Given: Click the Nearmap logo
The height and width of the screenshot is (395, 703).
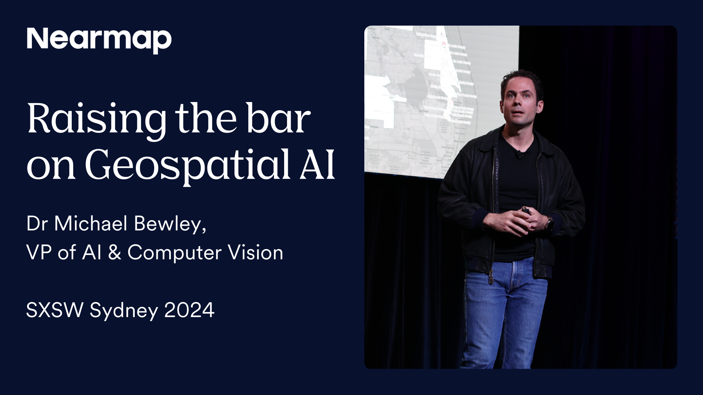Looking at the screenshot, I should click(99, 39).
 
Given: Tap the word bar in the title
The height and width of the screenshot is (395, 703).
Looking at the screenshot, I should click(278, 119).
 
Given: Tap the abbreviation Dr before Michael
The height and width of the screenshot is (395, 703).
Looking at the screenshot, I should click(37, 223).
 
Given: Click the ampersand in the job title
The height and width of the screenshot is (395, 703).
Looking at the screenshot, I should click(115, 252).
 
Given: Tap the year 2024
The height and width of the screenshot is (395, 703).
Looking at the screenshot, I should click(189, 310).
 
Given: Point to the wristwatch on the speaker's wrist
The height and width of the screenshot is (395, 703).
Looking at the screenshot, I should click(549, 224).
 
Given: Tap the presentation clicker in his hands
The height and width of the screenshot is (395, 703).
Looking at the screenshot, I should click(526, 211).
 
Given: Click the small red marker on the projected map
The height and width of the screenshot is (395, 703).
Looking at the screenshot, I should click(444, 44).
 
